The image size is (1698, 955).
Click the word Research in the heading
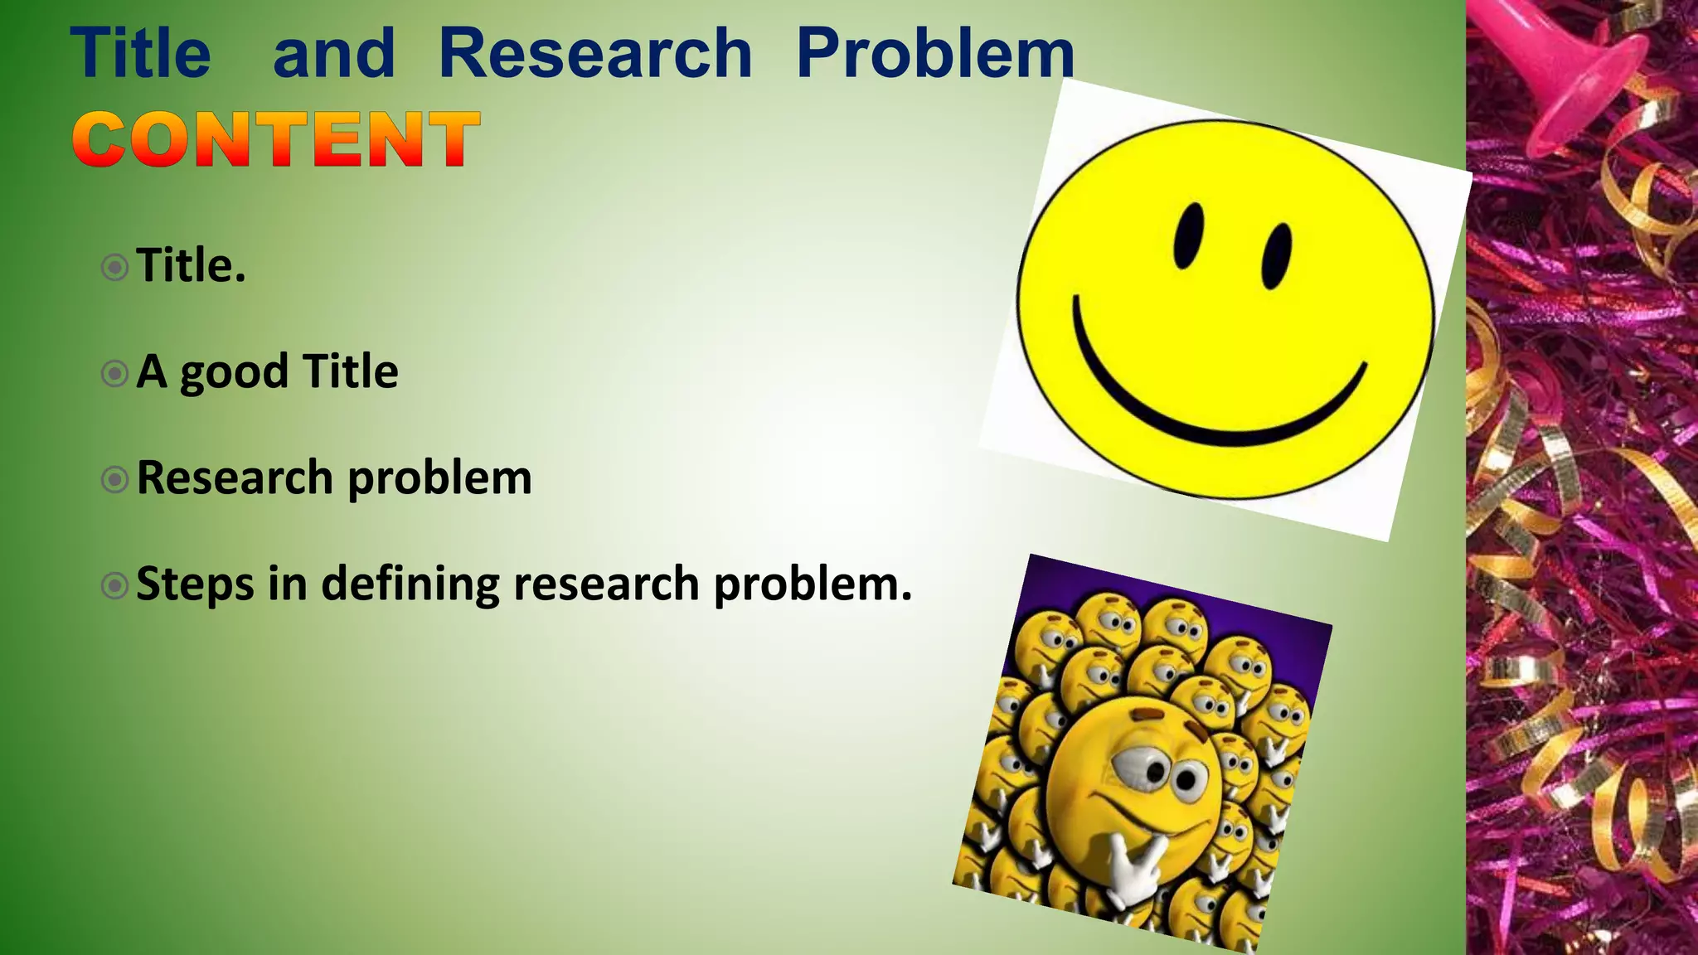(594, 53)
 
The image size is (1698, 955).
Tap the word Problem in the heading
(934, 53)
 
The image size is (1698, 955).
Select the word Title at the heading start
(141, 53)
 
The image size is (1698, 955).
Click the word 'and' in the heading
(333, 53)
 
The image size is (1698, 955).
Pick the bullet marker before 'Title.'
(114, 268)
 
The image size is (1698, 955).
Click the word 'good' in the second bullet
(234, 372)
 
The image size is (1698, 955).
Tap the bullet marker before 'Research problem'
(114, 479)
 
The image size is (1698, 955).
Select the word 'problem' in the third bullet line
(439, 479)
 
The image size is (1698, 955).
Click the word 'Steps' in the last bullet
(195, 584)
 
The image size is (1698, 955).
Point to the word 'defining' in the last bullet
(410, 584)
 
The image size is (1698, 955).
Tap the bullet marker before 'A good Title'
(114, 374)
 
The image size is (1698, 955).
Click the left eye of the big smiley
(1188, 235)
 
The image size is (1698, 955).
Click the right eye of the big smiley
(1276, 255)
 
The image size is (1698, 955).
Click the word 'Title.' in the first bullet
(191, 266)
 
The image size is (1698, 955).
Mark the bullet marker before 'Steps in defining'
(114, 586)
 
